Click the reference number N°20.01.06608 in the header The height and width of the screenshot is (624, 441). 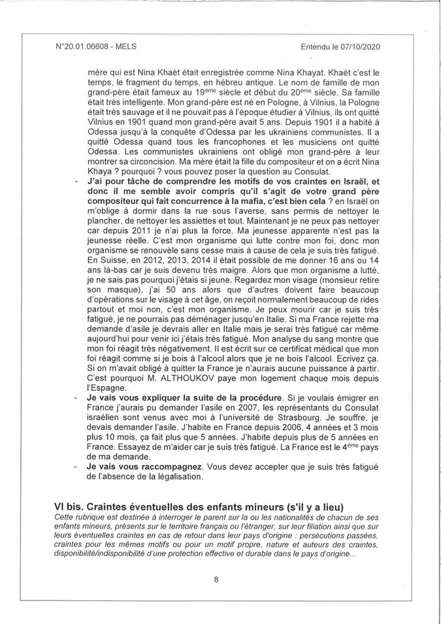coord(84,47)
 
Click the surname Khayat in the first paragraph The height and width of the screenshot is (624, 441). coord(291,73)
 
